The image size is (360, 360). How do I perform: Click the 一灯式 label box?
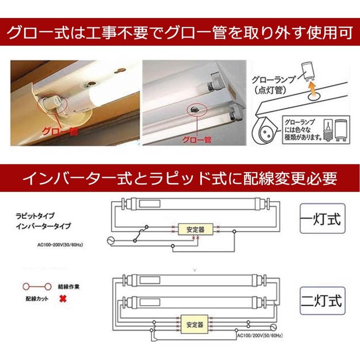coord(320,220)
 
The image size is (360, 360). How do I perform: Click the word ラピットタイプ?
coord(34,215)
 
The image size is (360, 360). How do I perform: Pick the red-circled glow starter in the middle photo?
coord(195,109)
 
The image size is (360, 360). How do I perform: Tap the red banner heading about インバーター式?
coord(180,178)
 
